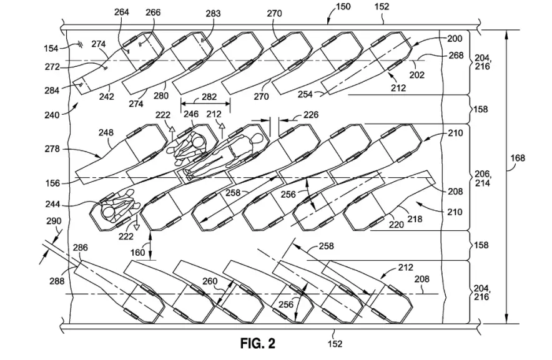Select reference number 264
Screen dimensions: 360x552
click(123, 12)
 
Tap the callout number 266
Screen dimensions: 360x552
click(153, 12)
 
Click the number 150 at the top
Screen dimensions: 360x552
click(343, 7)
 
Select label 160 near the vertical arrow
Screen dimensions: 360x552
click(137, 253)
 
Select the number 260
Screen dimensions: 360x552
click(210, 281)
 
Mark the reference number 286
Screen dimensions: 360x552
click(80, 248)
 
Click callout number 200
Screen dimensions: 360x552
click(455, 39)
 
